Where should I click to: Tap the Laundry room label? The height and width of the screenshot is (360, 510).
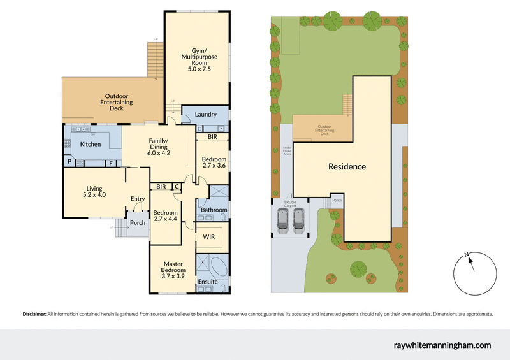205,115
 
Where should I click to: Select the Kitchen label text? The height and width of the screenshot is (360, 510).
90,145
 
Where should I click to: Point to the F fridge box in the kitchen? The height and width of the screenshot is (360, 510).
111,163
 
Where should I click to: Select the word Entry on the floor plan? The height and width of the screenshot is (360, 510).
138,199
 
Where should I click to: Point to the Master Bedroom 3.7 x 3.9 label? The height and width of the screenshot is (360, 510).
173,271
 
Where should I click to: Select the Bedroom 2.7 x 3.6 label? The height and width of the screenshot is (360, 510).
214,162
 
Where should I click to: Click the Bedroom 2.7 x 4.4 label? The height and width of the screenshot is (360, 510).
165,217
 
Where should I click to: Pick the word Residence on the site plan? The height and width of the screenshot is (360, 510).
347,167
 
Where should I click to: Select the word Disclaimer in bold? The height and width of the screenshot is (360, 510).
34,314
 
